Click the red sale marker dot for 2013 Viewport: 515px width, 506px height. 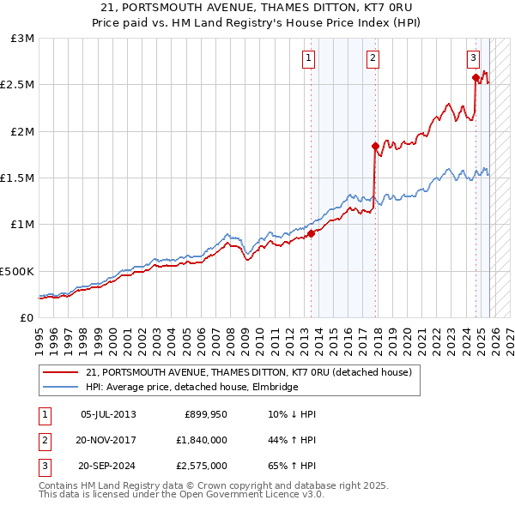(x=311, y=234)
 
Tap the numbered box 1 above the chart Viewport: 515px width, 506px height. (x=307, y=58)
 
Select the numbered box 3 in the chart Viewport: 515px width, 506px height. (x=473, y=58)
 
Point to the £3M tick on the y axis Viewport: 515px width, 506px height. (x=23, y=39)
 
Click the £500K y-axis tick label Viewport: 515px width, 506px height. (x=17, y=271)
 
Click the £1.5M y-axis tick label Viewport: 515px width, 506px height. (x=18, y=178)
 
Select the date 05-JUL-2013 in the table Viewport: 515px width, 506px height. (x=107, y=414)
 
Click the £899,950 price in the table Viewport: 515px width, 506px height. (x=205, y=414)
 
